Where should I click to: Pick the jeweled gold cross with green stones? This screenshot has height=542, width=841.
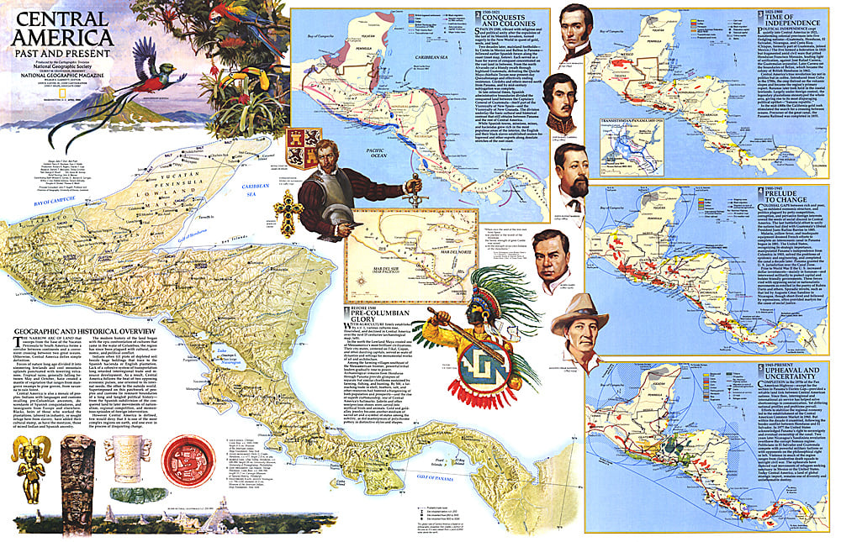[x=288, y=212]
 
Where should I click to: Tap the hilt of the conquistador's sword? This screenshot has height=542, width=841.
[x=410, y=185]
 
